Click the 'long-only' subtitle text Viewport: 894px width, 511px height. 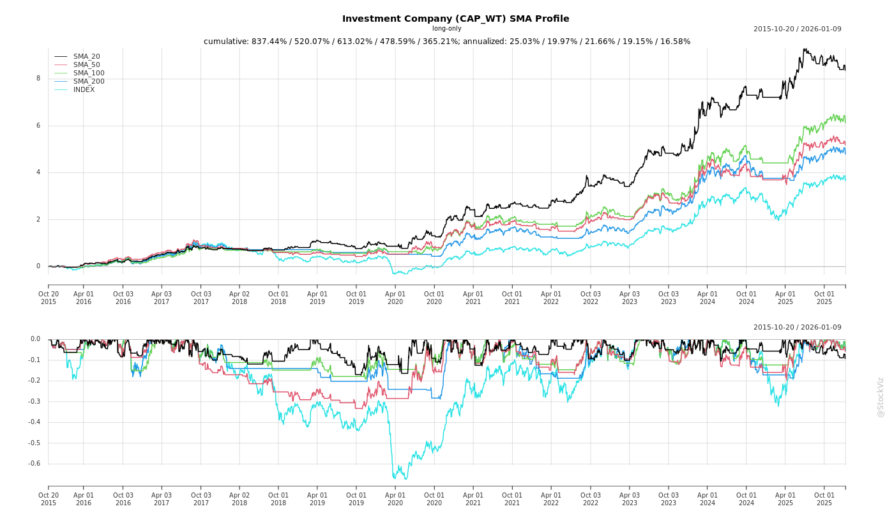coord(446,29)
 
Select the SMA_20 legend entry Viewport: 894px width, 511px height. coord(86,57)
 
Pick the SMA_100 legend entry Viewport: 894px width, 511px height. coord(89,73)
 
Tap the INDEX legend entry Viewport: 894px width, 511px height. coord(84,90)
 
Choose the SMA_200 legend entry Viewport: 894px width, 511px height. coord(89,82)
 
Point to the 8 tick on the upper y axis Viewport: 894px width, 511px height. coord(38,79)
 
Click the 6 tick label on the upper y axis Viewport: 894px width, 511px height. coord(38,126)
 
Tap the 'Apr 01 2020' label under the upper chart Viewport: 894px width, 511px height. coord(395,298)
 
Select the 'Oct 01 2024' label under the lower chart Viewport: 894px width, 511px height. coord(746,499)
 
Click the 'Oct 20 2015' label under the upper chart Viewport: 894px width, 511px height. coord(49,298)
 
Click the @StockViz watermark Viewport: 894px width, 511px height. coord(881,397)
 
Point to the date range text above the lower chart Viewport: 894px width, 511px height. coord(797,328)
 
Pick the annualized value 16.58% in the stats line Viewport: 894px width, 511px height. coord(673,42)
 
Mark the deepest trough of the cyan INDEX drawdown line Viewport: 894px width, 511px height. coord(404,478)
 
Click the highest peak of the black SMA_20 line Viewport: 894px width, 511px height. coord(805,49)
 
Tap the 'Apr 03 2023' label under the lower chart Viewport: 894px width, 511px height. coord(630,499)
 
